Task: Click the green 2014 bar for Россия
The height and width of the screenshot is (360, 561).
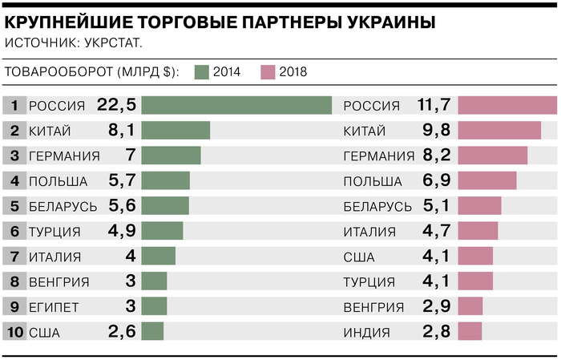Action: click(236, 106)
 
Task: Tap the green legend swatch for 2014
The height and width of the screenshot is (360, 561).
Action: click(201, 72)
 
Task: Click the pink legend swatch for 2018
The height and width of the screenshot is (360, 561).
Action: click(268, 72)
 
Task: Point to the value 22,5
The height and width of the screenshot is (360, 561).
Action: click(117, 106)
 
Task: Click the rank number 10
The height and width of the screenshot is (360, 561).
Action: click(14, 331)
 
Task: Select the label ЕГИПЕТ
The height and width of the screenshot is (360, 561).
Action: click(54, 306)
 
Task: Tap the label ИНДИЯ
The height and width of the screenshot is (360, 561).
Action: click(367, 331)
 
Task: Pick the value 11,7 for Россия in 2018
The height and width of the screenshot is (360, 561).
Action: click(434, 106)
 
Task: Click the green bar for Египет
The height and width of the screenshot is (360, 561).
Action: click(154, 306)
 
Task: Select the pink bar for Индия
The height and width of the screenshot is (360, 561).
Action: click(470, 331)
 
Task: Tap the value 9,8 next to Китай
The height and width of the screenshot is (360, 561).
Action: click(434, 131)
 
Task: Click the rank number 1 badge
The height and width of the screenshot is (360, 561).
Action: click(14, 106)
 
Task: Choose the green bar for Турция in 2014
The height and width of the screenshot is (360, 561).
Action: click(162, 231)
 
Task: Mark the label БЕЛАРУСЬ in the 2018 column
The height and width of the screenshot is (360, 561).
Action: click(377, 206)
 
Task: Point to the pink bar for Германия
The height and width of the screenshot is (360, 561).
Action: click(493, 156)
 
